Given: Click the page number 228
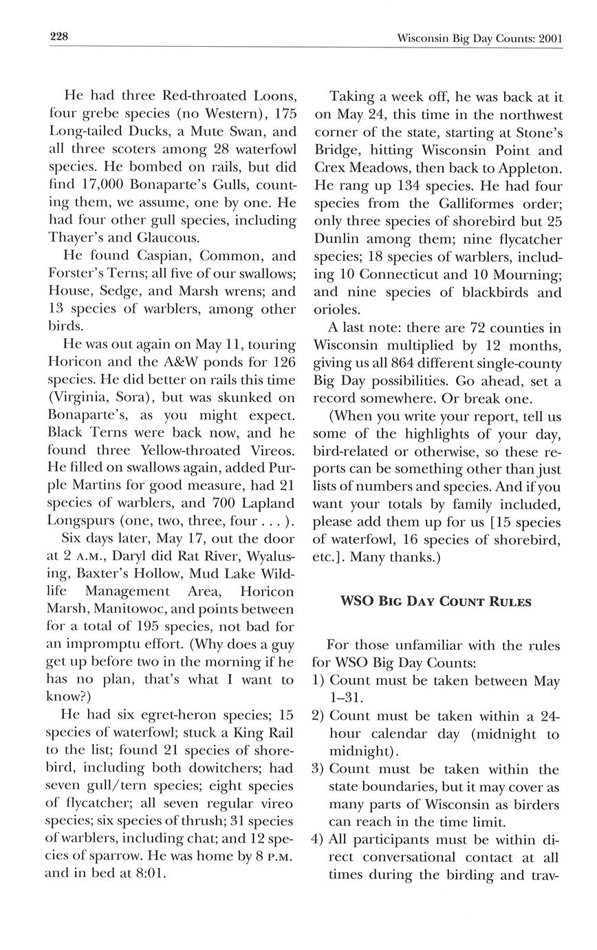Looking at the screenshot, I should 58,37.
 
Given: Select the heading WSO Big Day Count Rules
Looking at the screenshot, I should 436,602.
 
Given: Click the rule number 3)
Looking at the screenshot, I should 318,769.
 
